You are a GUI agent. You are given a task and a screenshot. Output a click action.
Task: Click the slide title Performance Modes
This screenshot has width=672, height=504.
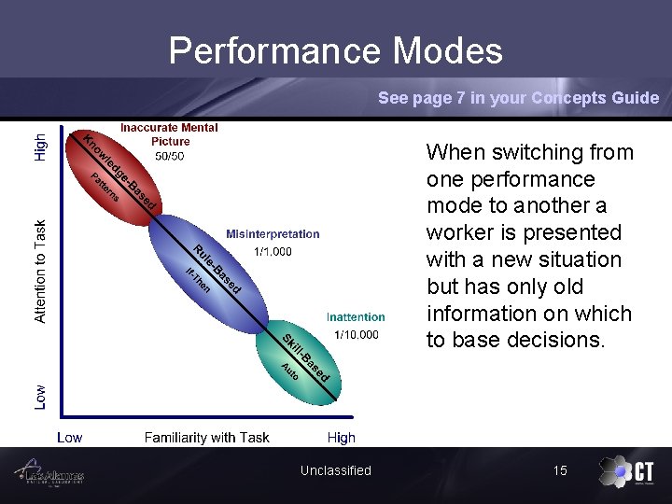335,50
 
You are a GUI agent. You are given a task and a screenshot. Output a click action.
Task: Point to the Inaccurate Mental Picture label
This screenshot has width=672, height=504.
169,134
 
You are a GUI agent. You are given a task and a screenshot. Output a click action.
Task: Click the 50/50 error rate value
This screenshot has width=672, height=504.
169,156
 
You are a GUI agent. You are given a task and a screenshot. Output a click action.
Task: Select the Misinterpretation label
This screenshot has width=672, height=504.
273,234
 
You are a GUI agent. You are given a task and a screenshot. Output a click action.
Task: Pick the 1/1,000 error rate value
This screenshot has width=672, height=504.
273,252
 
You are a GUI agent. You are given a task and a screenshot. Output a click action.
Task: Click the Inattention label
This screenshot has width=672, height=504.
356,317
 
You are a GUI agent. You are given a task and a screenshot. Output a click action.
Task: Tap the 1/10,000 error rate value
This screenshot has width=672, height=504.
357,335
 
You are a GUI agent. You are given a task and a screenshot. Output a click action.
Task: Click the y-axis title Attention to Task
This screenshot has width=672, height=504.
40,271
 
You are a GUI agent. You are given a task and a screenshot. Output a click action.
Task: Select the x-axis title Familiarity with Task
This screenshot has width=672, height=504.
206,437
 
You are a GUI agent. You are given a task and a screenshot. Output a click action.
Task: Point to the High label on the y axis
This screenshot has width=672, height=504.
40,146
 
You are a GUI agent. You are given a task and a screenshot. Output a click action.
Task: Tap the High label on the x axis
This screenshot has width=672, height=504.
341,437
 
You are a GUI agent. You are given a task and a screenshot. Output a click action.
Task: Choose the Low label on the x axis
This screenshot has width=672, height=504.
69,437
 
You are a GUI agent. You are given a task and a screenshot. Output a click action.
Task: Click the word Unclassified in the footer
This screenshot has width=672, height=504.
335,470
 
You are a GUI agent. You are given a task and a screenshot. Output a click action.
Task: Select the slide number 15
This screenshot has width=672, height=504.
559,470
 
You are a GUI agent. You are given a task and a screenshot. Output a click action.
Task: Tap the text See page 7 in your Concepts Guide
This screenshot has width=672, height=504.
518,98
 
